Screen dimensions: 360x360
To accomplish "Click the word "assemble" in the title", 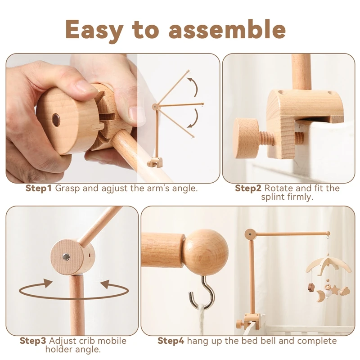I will (x=227, y=29).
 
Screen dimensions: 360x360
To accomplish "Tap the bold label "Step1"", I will (x=39, y=188).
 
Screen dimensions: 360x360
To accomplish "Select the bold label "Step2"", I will (x=248, y=188).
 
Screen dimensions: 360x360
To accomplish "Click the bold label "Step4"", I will (x=171, y=341).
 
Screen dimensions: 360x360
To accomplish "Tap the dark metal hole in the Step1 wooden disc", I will (x=56, y=120).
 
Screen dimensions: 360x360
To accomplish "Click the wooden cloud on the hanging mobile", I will (x=345, y=291).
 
